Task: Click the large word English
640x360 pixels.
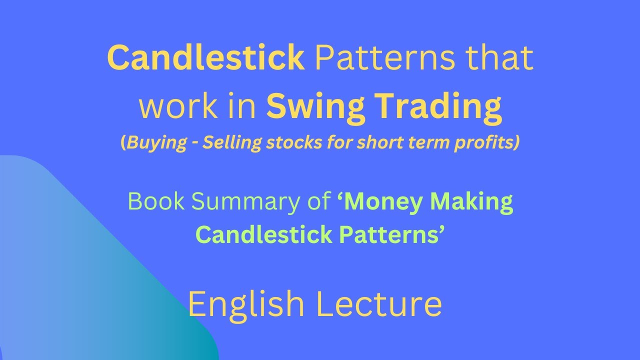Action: point(246,303)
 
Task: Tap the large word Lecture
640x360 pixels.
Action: point(380,303)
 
